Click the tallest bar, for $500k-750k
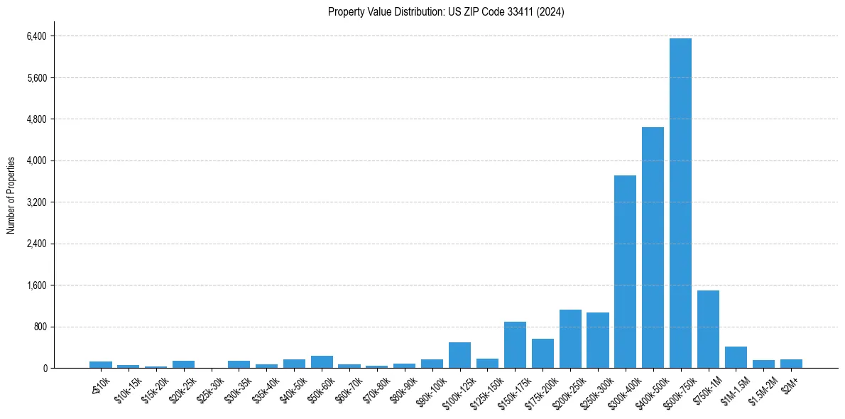point(680,203)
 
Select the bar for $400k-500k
point(653,247)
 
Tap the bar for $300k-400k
point(625,271)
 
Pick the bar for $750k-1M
point(708,329)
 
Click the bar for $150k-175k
point(515,344)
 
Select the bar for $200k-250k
point(570,339)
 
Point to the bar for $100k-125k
point(459,355)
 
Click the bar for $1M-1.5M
point(736,357)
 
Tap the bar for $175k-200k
point(543,353)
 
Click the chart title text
point(446,11)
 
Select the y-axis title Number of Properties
point(11,195)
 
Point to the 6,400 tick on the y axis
point(36,36)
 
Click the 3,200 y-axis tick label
point(36,202)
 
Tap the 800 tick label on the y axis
point(40,327)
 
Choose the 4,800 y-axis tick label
point(36,119)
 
